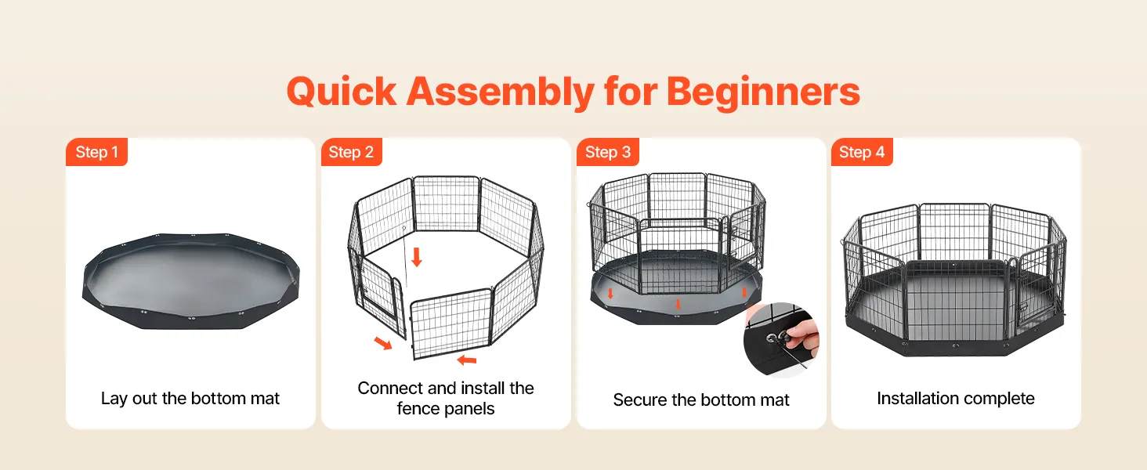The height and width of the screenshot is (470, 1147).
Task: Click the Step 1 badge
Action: (97, 152)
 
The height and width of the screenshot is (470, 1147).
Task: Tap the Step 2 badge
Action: (351, 152)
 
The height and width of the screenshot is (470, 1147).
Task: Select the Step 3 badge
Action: (608, 152)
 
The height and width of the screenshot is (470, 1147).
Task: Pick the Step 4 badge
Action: (862, 152)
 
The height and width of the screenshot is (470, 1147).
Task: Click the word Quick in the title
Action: (342, 92)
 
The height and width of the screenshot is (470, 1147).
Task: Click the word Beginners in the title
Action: (763, 92)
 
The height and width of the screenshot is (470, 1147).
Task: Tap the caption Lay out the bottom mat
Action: (190, 398)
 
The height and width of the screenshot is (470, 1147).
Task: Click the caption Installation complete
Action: (956, 398)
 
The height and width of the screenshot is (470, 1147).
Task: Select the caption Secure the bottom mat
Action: (701, 399)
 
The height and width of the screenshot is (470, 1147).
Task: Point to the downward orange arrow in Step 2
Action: (417, 257)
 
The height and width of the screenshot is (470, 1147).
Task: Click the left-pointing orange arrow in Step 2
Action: (466, 360)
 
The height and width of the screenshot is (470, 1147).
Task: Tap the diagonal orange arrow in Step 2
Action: (383, 343)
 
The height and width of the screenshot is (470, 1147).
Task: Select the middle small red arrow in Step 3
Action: (678, 304)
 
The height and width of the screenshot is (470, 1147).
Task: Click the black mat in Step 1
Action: (190, 281)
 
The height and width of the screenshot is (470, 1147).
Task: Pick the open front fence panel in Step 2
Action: (450, 324)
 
